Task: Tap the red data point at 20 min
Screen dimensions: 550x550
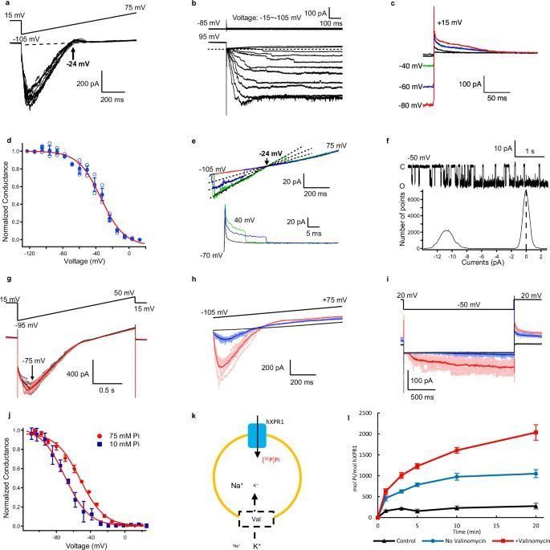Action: (536, 432)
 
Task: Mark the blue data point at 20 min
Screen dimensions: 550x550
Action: (536, 473)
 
